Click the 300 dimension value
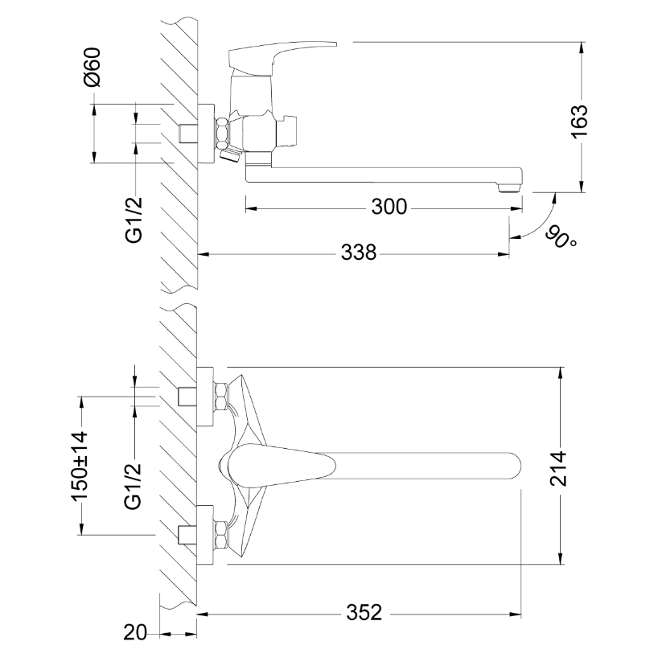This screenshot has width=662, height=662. tap(389, 207)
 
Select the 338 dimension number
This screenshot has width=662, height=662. tap(359, 253)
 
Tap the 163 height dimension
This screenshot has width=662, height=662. tap(579, 121)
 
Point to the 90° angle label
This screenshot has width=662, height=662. tap(561, 238)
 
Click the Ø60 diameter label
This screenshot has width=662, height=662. tap(93, 67)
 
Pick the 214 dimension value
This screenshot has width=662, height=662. tap(558, 469)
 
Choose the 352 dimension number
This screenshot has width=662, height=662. tap(364, 613)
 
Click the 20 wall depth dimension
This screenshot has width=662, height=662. tap(135, 632)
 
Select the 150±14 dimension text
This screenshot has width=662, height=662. tap(80, 466)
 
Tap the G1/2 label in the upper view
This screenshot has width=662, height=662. tap(134, 220)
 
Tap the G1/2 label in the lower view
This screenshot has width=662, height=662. tap(133, 487)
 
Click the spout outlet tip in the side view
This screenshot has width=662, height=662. tap(509, 187)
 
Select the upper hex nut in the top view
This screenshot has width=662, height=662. tap(221, 395)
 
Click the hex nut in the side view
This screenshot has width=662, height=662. tap(222, 133)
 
